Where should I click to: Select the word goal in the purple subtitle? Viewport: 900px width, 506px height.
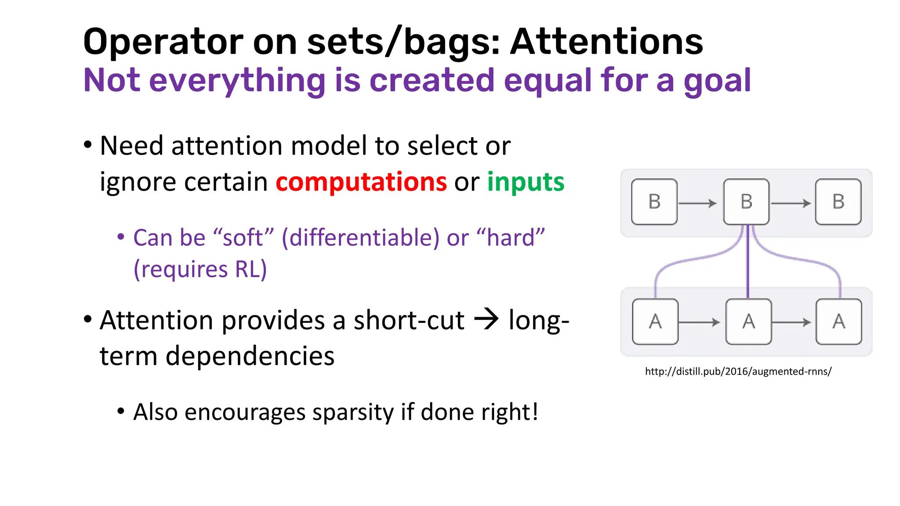coord(717,81)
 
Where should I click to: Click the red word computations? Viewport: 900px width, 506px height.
coord(361,182)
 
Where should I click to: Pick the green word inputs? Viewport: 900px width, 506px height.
coord(526,182)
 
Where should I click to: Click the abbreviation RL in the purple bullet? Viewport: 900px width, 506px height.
coord(248,269)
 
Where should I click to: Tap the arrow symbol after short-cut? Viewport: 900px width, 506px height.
coord(486,319)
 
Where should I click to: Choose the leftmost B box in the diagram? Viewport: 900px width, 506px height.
coord(654,202)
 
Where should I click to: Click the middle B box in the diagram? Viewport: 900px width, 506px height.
coord(746,202)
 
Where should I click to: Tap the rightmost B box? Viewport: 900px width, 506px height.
coord(838,202)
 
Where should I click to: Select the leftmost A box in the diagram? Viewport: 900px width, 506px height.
coord(655,322)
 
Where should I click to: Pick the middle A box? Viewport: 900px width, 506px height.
coord(748,322)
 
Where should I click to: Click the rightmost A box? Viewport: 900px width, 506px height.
coord(838,322)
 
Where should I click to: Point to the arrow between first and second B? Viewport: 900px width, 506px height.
coord(698,203)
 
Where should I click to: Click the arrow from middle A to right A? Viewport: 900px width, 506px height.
coord(791,322)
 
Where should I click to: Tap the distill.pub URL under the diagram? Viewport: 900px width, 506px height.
coord(738,372)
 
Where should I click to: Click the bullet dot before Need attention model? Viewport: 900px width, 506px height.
coord(88,145)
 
